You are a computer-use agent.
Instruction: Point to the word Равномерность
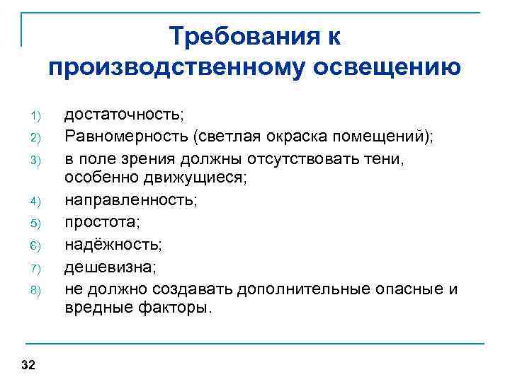pos(127,136)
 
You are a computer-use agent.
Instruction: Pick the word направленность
pos(132,201)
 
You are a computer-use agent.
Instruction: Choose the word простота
pos(102,223)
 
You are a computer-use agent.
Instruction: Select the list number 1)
pos(38,115)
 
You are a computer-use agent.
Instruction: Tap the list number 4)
pos(38,202)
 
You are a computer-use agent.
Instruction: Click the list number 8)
pos(38,290)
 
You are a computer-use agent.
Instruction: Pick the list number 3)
pos(38,159)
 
